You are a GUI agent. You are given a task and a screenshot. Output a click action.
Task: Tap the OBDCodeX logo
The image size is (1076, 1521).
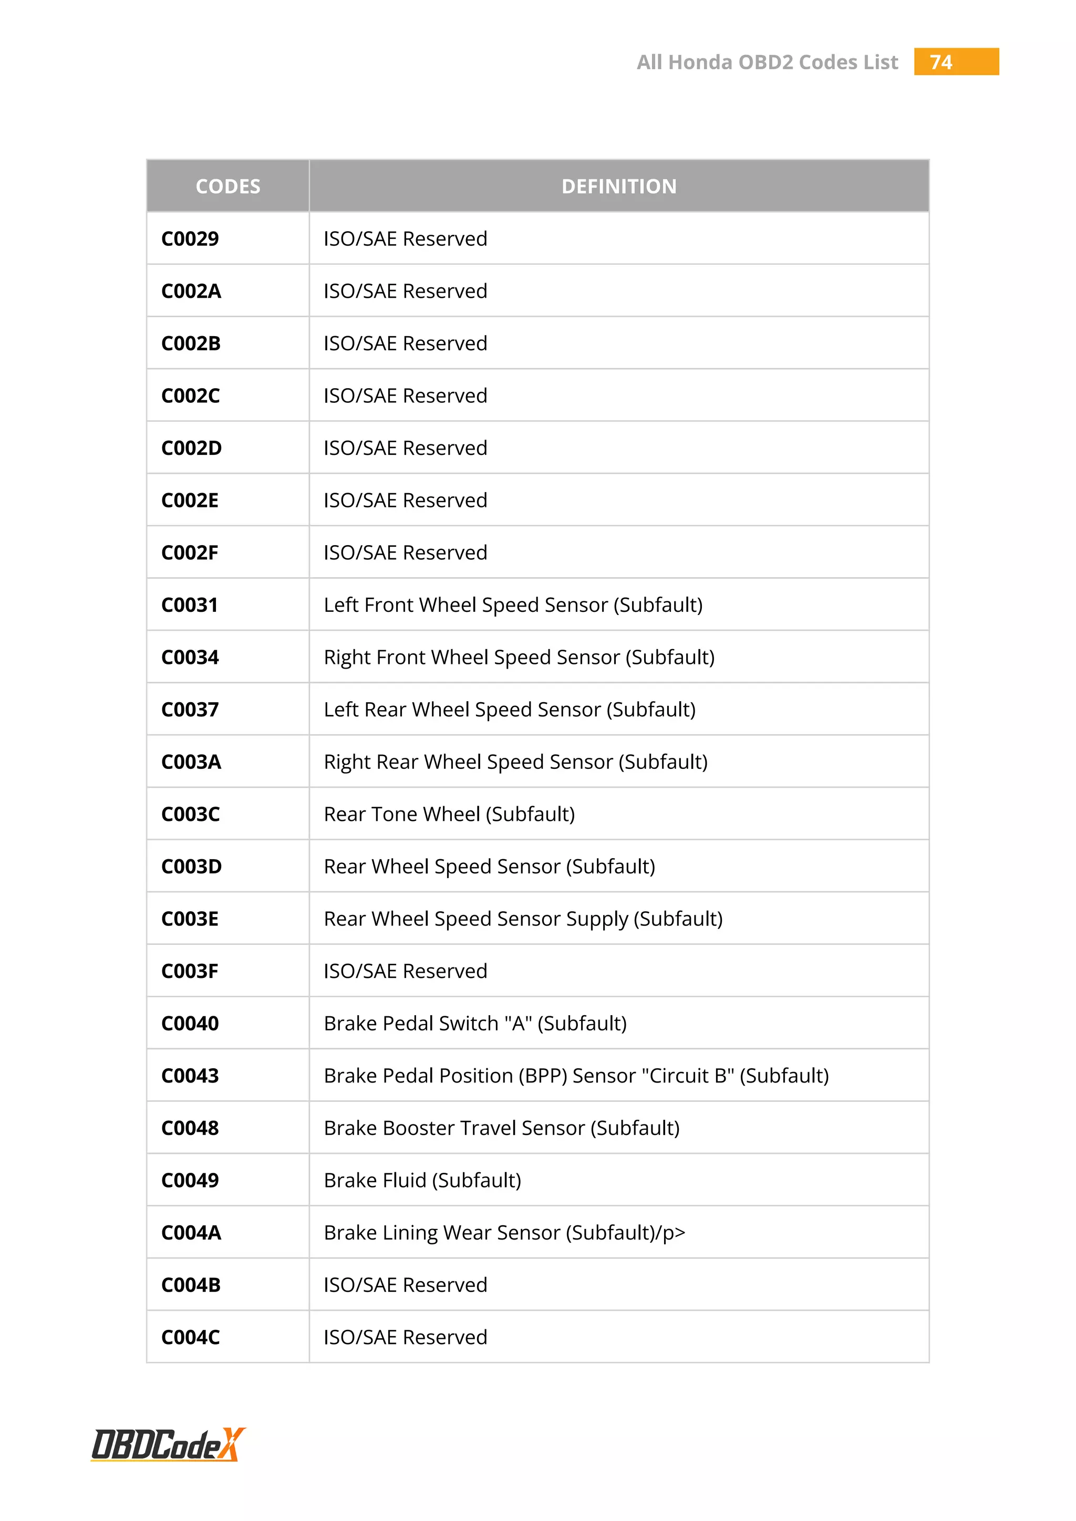168,1445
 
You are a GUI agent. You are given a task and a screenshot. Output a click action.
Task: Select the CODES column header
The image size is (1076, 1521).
228,186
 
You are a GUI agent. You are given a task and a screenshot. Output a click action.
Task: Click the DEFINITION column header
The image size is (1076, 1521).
619,186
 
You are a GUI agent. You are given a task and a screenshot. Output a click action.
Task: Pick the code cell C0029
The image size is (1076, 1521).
190,238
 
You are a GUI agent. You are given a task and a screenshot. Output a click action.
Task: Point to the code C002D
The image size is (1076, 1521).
191,448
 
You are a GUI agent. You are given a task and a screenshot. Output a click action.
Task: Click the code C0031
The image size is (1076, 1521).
190,605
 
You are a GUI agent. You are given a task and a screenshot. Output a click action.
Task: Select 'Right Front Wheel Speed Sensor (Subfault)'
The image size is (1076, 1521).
519,657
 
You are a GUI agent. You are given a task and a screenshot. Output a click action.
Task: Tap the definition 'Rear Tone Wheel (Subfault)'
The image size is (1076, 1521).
449,814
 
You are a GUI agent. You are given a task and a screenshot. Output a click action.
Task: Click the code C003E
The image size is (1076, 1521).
190,919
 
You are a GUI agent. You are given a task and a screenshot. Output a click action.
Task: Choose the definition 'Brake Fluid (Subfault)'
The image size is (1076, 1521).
422,1181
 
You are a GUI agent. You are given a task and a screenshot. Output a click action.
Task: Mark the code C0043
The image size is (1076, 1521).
190,1076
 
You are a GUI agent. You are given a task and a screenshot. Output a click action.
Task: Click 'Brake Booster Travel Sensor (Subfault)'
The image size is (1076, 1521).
502,1128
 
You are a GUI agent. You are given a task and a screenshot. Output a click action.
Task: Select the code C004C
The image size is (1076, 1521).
191,1338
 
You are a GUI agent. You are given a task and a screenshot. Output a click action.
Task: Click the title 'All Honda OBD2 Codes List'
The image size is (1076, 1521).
767,62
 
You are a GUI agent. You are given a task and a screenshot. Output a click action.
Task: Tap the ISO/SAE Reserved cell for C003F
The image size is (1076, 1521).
406,971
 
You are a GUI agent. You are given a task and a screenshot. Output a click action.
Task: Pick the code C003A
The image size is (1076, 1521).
191,762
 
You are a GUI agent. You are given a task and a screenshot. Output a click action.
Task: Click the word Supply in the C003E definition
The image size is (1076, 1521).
597,920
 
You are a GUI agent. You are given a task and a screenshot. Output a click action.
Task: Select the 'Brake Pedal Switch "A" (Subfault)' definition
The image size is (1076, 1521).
475,1024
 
